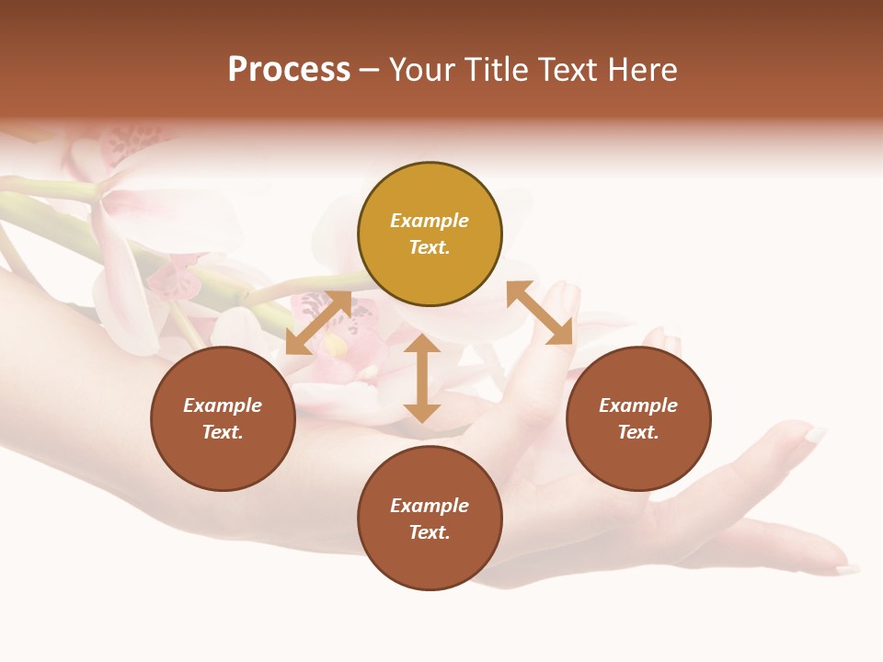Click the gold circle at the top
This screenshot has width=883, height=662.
pos(430,234)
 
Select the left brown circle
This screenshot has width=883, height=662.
pos(223,418)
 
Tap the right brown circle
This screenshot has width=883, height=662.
pos(638,418)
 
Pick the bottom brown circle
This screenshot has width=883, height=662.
pos(430,519)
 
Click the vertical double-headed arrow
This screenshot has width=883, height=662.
pos(422,378)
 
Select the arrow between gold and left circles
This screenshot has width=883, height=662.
pos(318,323)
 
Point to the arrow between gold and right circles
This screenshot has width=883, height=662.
pos(539,314)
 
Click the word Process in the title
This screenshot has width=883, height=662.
pos(289,70)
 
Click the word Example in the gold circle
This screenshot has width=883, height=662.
pos(430,221)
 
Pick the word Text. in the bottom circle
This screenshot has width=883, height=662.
pos(430,532)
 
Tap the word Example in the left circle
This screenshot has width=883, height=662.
pos(223,405)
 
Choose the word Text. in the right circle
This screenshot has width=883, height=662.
pos(638,432)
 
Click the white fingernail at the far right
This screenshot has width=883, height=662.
pos(815,434)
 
